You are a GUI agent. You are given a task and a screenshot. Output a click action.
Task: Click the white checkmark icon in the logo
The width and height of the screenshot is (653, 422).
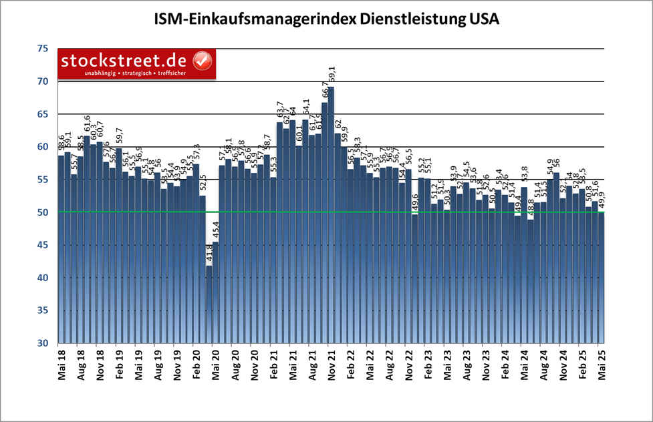pyautogui.click(x=202, y=61)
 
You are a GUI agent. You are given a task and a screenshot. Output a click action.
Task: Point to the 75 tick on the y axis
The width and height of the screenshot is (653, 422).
pyautogui.click(x=42, y=49)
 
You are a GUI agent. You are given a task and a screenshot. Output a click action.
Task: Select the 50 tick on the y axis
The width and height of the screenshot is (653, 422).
pyautogui.click(x=42, y=212)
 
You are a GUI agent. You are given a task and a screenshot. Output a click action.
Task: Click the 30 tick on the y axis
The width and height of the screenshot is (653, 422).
pyautogui.click(x=42, y=343)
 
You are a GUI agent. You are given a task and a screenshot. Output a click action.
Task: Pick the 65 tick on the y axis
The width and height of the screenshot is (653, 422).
pyautogui.click(x=42, y=114)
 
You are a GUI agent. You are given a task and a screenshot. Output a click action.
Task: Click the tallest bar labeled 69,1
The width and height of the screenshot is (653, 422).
pyautogui.click(x=331, y=214)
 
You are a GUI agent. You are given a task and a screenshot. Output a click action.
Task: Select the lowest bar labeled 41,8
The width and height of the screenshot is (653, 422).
pyautogui.click(x=209, y=304)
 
